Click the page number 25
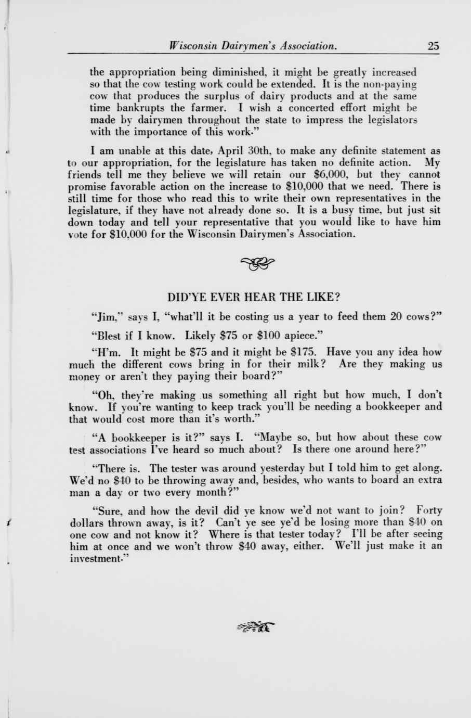point(434,46)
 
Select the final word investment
point(98,558)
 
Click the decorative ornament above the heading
point(257,264)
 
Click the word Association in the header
point(308,46)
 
